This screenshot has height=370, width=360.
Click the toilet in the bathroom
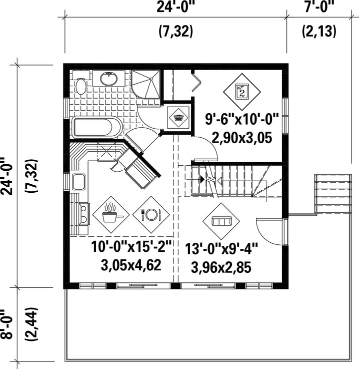81,83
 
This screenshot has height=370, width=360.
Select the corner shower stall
145,84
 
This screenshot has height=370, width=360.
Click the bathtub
97,127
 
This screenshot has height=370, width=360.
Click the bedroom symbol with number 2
242,92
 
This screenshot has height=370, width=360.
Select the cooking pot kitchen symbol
111,215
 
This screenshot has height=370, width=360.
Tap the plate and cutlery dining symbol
151,215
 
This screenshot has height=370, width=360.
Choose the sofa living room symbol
221,221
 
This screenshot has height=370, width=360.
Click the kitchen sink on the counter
78,182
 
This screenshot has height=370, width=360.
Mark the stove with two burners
83,214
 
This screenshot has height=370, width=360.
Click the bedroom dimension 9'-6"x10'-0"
242,119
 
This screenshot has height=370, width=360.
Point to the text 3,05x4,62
131,265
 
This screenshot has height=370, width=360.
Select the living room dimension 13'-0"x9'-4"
221,249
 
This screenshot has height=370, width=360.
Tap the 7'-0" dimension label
319,7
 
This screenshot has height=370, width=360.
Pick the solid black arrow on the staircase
202,179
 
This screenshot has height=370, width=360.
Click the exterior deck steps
333,194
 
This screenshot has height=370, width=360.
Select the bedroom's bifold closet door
196,82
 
